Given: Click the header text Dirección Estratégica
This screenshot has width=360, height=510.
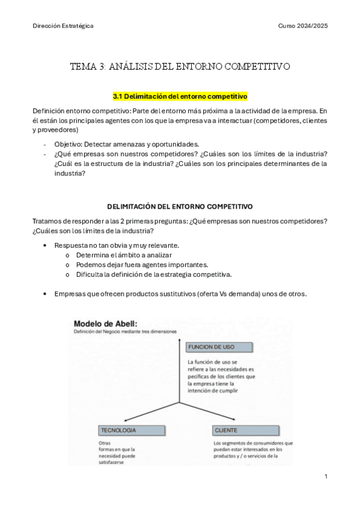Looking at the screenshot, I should point(63,26).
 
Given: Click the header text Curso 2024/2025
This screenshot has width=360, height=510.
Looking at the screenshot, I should point(303,26).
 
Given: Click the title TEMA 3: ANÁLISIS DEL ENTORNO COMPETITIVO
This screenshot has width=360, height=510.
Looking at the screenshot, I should point(180,66).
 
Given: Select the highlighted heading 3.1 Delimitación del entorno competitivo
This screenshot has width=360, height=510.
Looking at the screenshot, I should point(180,96).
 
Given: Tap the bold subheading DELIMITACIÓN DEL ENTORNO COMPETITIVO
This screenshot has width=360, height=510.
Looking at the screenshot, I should point(180,206).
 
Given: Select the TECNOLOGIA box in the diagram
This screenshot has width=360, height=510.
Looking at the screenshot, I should point(132,431).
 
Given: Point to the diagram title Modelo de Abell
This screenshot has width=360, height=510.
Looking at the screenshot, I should point(105,323).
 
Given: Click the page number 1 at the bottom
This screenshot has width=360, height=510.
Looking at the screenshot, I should point(325,476).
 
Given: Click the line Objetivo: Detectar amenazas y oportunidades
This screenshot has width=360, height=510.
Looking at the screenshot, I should point(126,144).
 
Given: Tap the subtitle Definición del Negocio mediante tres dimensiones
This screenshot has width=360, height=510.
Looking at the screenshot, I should point(125,331).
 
